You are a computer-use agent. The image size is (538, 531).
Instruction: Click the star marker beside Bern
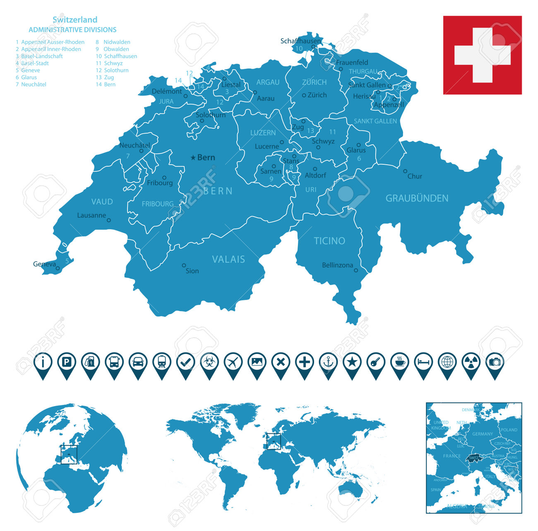tap(193, 158)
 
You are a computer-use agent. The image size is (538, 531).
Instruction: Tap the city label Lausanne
tap(91, 215)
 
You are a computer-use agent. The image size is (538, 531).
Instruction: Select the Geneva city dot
tap(58, 268)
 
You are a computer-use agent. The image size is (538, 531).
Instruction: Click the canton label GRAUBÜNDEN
tap(417, 198)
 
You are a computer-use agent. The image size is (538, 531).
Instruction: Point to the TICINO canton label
tap(329, 241)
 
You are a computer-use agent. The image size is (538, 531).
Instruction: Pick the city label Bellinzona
tap(337, 265)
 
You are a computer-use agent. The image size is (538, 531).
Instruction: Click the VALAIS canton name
tap(228, 259)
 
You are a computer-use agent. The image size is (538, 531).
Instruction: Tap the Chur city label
tap(415, 176)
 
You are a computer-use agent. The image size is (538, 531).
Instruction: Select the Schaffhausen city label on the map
tap(300, 41)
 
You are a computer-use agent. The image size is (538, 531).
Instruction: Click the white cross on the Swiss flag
tap(482, 55)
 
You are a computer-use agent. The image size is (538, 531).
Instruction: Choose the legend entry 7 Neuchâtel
tap(31, 84)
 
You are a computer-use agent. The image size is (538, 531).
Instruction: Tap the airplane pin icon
tap(233, 363)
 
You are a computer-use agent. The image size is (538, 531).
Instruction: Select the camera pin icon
tap(495, 363)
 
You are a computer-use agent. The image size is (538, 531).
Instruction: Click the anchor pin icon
tap(328, 363)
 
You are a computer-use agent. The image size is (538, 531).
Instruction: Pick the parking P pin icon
tap(67, 363)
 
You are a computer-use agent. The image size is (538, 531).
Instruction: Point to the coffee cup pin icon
tap(400, 363)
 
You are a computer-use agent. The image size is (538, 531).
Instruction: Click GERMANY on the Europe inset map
tap(483, 434)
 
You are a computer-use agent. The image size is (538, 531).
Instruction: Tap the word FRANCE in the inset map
tap(452, 456)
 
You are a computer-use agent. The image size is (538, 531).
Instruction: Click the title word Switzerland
tap(75, 19)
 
